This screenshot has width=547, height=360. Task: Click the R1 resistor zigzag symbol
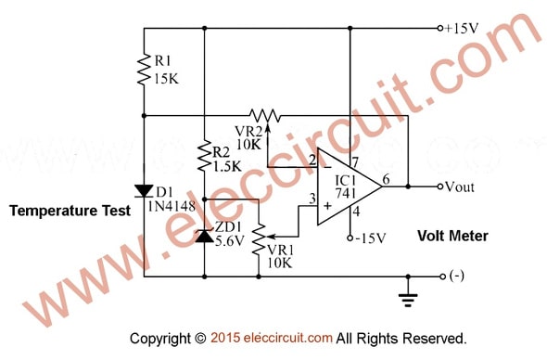click(144, 70)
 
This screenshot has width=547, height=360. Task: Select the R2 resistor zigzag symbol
click(204, 156)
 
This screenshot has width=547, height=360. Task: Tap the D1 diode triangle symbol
click(144, 191)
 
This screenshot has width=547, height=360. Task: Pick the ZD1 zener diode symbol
click(205, 236)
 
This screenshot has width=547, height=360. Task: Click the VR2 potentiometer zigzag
click(265, 116)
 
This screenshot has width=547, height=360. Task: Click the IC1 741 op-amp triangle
click(350, 186)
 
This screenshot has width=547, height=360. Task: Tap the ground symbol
click(408, 301)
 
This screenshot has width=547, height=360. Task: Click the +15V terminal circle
click(440, 28)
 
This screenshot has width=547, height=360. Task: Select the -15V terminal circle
click(350, 238)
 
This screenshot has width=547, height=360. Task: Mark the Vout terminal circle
click(440, 186)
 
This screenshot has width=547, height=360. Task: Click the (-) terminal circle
click(442, 276)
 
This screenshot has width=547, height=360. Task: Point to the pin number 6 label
click(386, 179)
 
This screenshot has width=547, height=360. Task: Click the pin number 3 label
click(312, 199)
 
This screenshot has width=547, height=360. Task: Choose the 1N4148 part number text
click(172, 206)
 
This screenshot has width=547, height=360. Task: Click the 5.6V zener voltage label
click(230, 241)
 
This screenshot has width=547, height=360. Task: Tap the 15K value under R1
click(166, 79)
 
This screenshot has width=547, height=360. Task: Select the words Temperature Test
click(70, 211)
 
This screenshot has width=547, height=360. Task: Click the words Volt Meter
click(452, 236)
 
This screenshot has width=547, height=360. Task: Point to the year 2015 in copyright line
click(225, 338)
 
